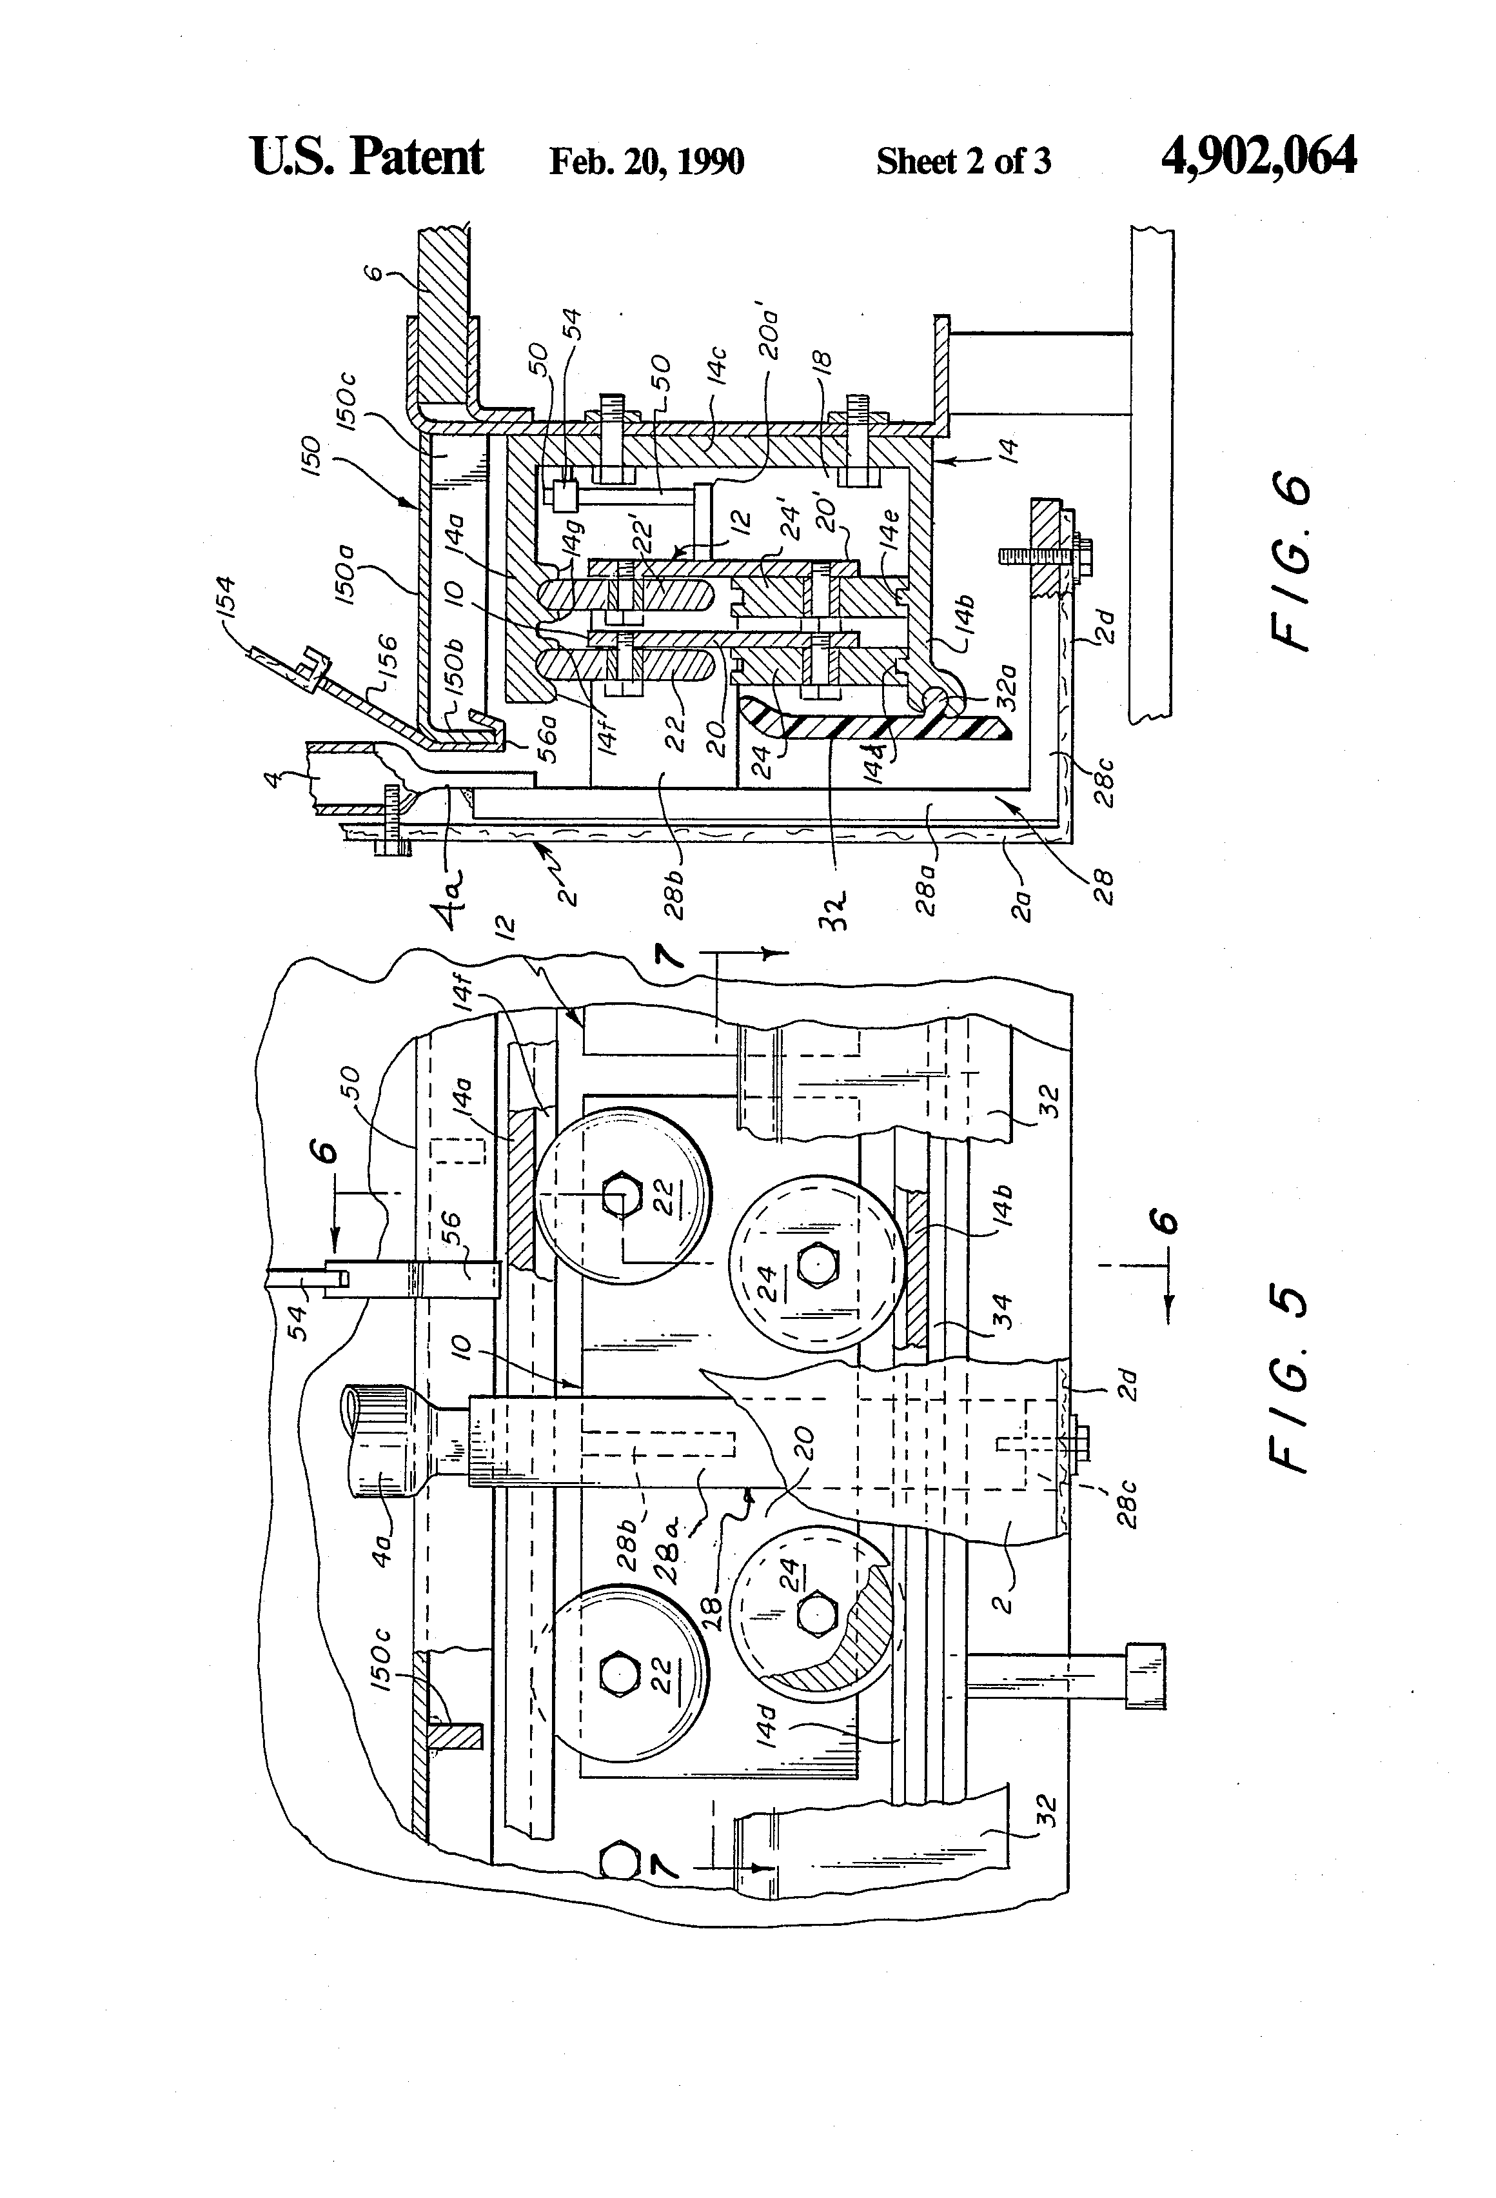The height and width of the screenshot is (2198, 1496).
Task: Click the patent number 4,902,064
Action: [1257, 156]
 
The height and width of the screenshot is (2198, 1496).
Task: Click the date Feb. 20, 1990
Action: [647, 162]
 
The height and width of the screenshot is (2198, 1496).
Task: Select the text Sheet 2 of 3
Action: [963, 162]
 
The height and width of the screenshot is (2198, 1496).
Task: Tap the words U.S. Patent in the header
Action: [367, 156]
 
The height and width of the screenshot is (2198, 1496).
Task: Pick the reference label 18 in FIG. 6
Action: [822, 364]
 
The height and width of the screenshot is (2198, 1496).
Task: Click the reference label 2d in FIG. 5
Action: [1125, 1385]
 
